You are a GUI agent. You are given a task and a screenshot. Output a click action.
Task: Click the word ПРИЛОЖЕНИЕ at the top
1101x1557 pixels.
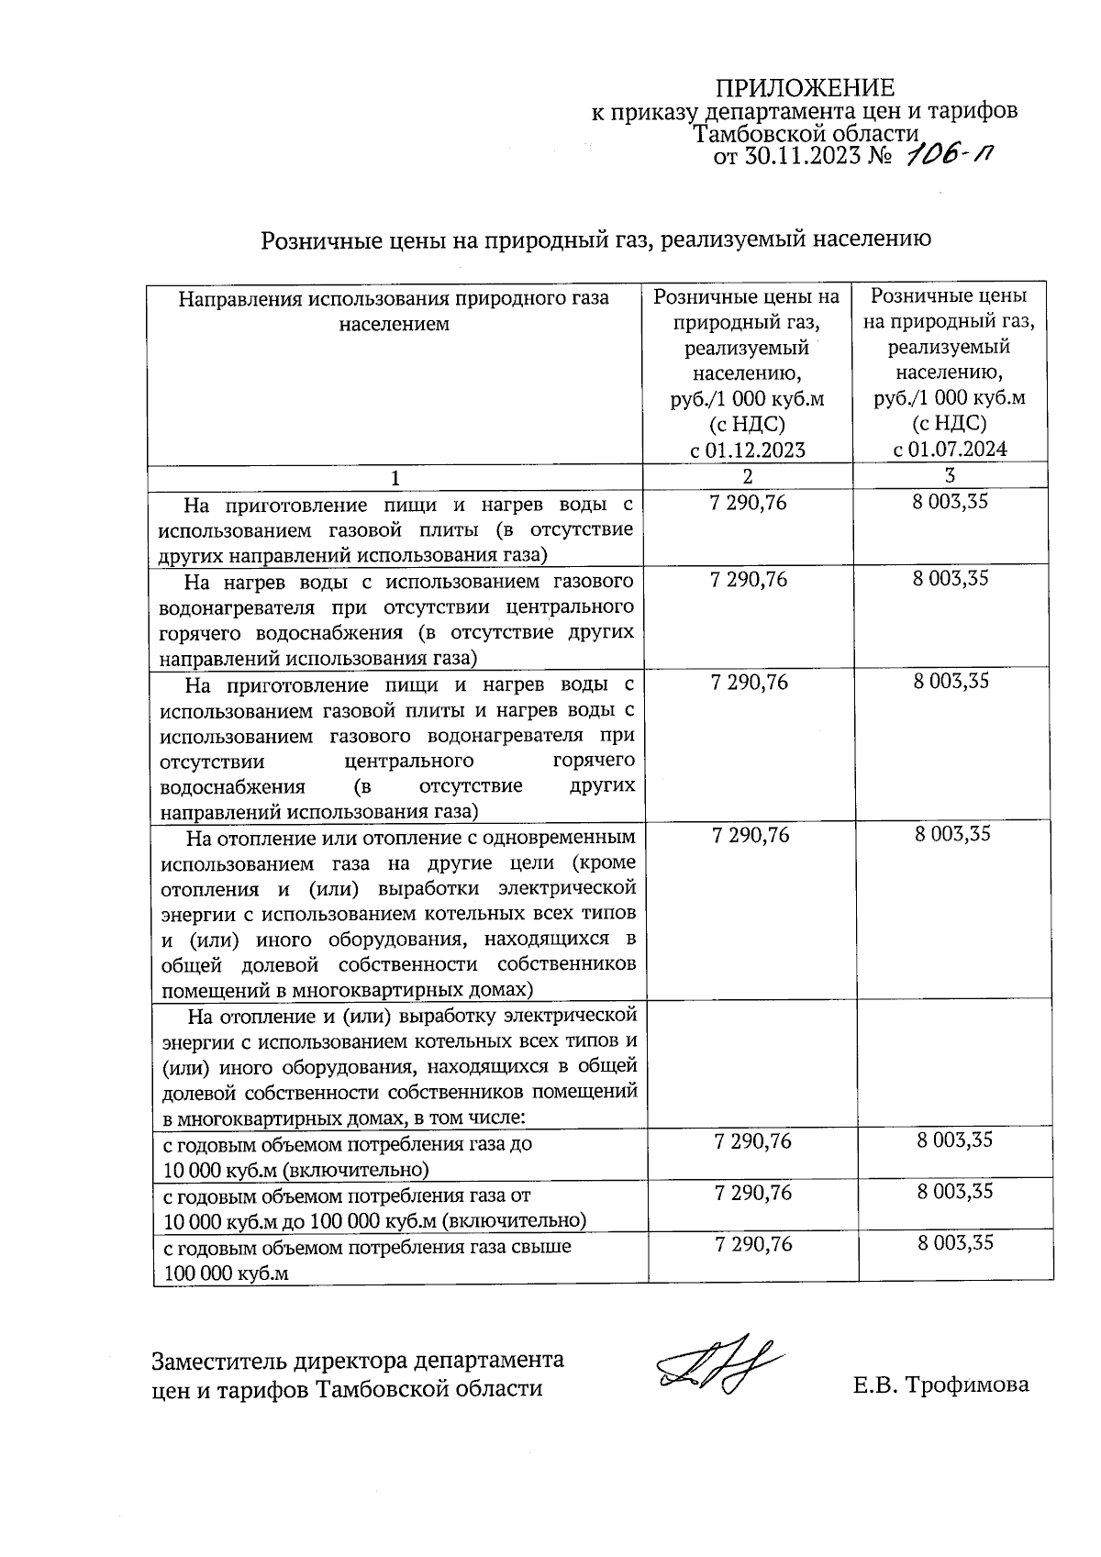tap(804, 88)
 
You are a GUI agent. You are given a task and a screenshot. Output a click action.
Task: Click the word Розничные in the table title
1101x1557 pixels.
tap(321, 240)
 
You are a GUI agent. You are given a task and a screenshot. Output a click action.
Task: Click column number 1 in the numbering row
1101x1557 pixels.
tap(395, 478)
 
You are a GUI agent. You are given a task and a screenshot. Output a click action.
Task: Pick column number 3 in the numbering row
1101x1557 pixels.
tap(950, 475)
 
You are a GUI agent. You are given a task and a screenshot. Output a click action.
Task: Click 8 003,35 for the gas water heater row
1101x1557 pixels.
tap(951, 579)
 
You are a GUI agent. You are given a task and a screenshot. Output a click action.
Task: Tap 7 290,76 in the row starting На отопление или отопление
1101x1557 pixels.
tap(751, 835)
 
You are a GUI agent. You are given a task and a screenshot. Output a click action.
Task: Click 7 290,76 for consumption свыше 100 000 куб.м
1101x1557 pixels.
tap(751, 1244)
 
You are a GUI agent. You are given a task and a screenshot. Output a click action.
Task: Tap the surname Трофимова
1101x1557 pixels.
tap(967, 1385)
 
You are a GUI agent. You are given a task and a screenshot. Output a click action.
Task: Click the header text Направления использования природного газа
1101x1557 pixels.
tap(395, 299)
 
